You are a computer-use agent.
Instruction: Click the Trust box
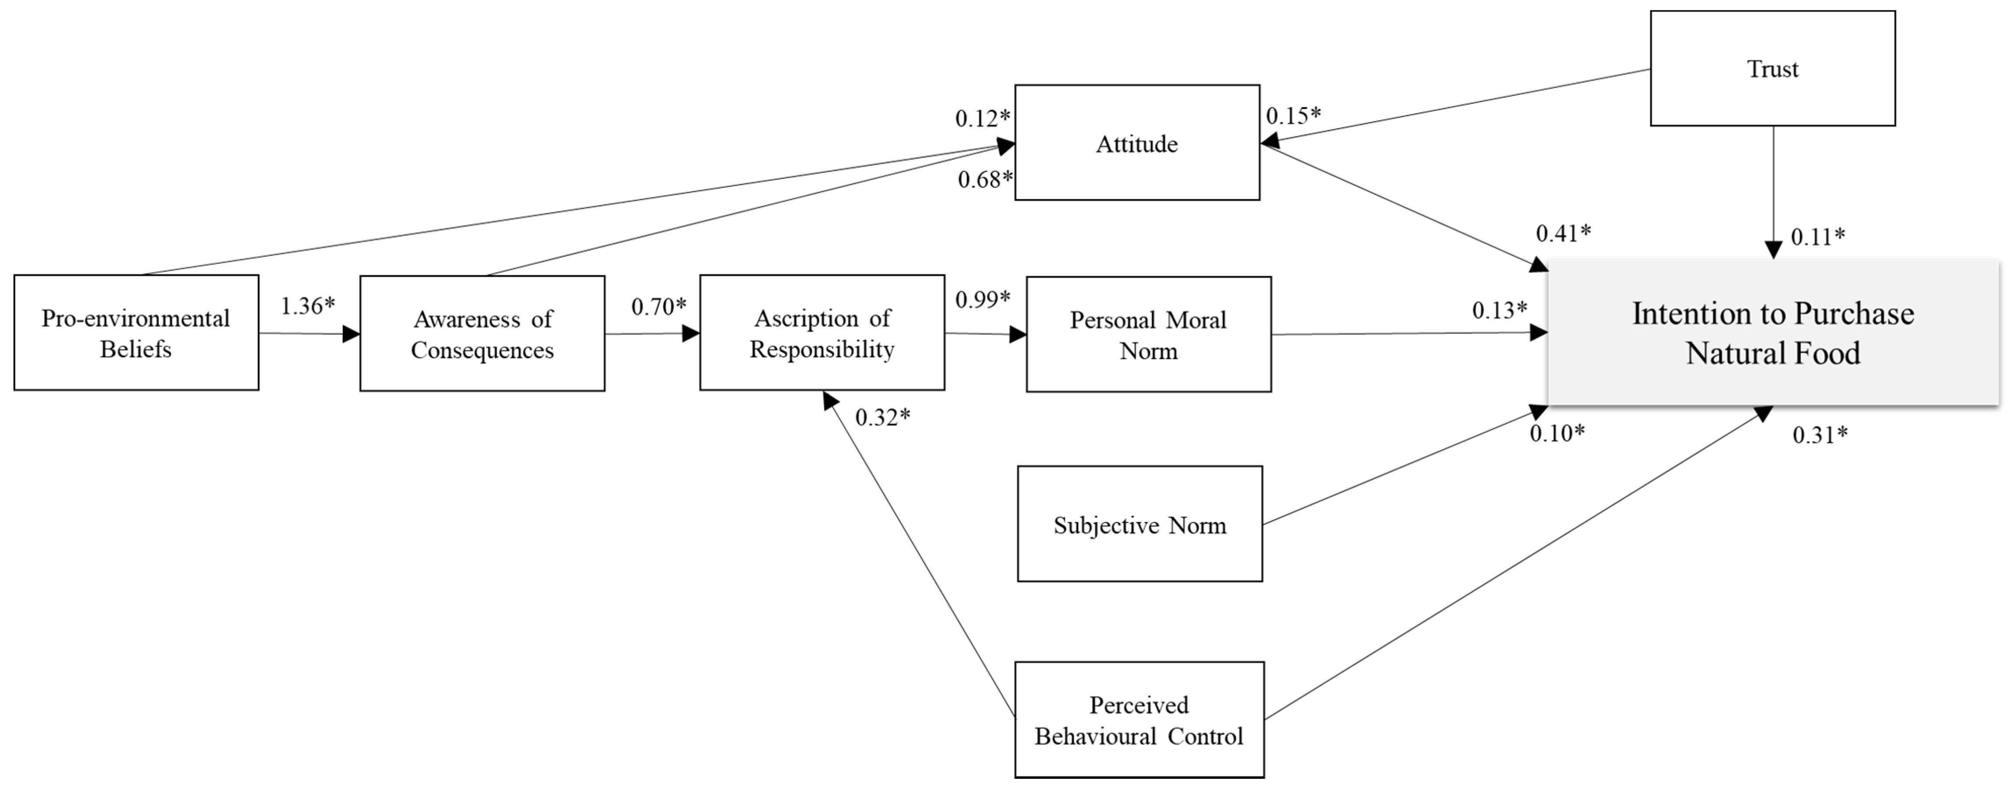click(1772, 69)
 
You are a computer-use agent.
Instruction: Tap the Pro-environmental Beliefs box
click(136, 333)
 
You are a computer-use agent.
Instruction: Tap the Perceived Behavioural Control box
click(1139, 719)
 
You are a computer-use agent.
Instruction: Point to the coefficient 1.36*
click(308, 306)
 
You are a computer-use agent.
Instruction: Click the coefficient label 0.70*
click(659, 307)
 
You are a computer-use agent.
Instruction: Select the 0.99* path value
click(983, 299)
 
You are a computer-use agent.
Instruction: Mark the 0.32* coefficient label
click(882, 417)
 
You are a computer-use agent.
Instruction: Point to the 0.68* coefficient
click(985, 179)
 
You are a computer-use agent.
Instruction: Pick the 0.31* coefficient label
click(1820, 434)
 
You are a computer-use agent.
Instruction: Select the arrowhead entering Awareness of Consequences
click(352, 334)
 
